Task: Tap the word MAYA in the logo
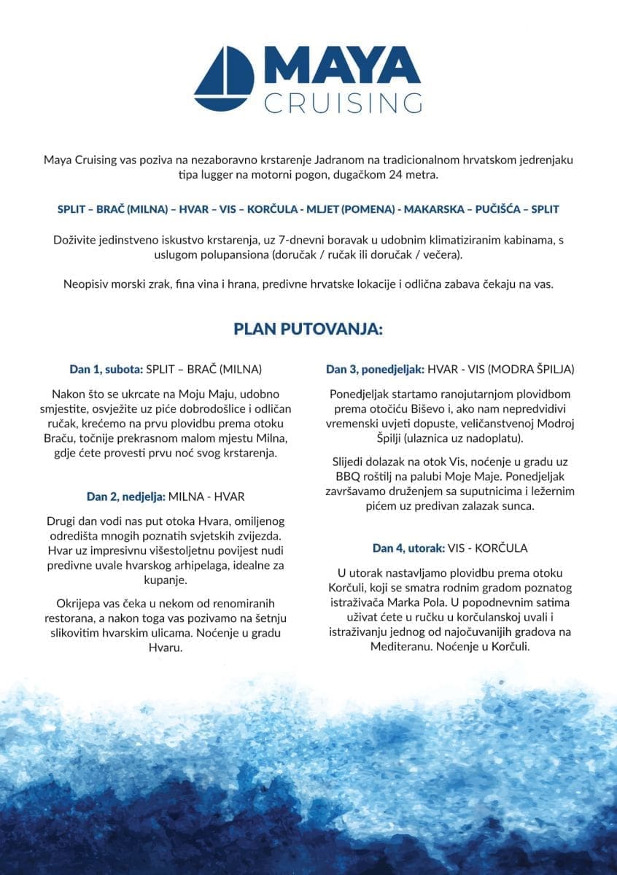click(342, 68)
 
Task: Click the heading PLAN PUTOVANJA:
click(308, 329)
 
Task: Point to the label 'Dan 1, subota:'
click(106, 370)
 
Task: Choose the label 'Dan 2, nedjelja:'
click(125, 497)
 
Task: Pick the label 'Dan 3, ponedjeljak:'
click(375, 370)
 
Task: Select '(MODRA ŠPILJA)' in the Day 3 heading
click(535, 370)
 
